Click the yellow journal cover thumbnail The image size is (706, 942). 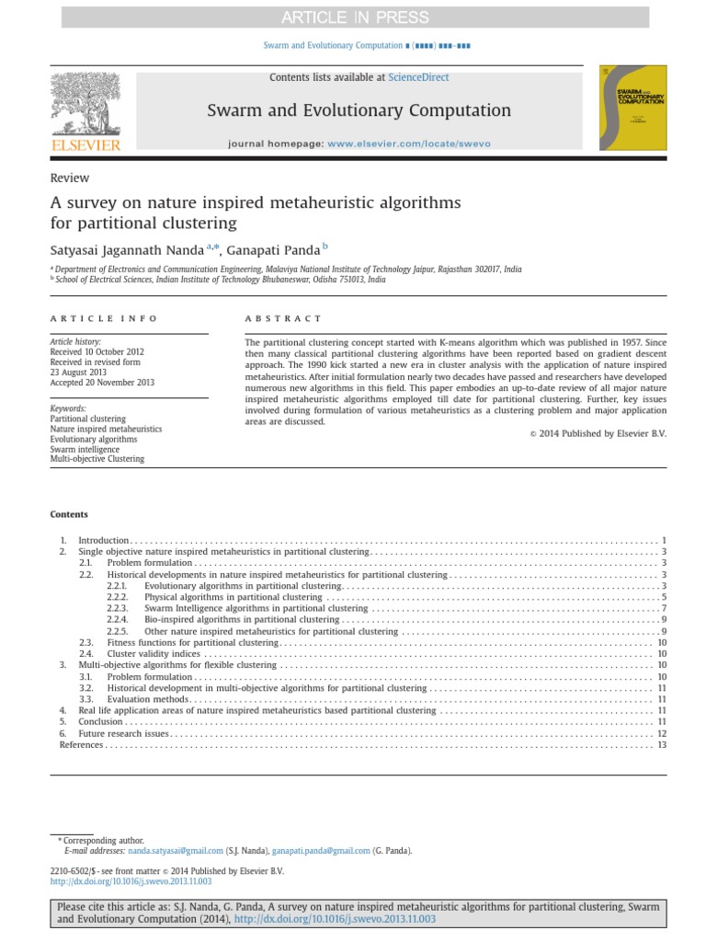(x=632, y=108)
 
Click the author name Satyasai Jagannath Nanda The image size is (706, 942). (x=126, y=247)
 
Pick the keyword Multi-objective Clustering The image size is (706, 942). (x=97, y=458)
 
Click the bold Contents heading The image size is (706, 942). (x=69, y=514)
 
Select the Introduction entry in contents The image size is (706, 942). (x=104, y=540)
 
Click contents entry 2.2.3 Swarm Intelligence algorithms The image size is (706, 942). (x=256, y=608)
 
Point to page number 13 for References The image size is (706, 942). (x=661, y=744)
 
